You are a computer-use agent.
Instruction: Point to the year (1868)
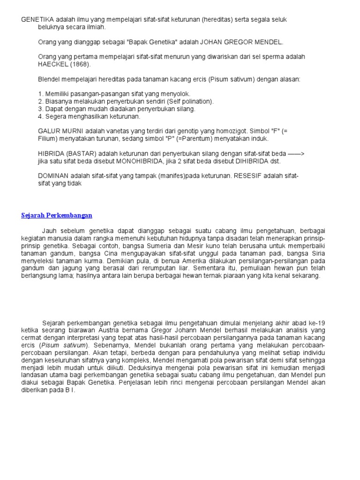[x=80, y=64]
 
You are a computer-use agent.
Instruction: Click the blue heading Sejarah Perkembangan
[x=57, y=215]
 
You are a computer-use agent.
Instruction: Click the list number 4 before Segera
[x=40, y=116]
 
